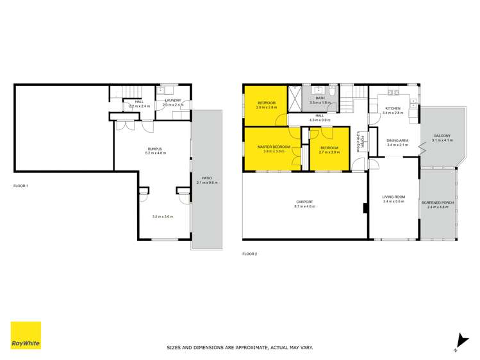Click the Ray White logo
coord(26,336)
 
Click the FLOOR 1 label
coord(21,186)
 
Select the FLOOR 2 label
coord(249,254)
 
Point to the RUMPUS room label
coord(156,149)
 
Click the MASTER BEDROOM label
coord(274,147)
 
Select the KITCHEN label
coord(392,108)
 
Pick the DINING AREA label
coord(397,141)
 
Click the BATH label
coord(319,98)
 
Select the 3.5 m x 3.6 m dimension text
coord(163,217)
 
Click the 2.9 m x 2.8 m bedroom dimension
coord(267,107)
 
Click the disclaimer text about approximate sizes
coord(240,347)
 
